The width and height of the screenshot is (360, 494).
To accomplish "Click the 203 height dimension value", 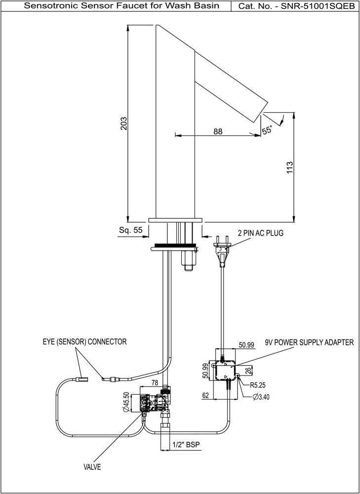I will (x=123, y=123).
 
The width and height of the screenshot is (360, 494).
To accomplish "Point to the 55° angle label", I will (x=267, y=130).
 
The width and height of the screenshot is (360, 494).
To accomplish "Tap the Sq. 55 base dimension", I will (x=131, y=230).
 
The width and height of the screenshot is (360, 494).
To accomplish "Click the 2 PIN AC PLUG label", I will (x=260, y=233).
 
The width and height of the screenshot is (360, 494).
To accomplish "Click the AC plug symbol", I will (x=222, y=250).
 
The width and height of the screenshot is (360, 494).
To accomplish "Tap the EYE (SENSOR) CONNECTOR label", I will (x=84, y=342).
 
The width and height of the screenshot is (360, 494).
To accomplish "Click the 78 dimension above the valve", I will (x=154, y=383).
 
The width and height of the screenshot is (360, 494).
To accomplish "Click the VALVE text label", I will (x=92, y=467).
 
